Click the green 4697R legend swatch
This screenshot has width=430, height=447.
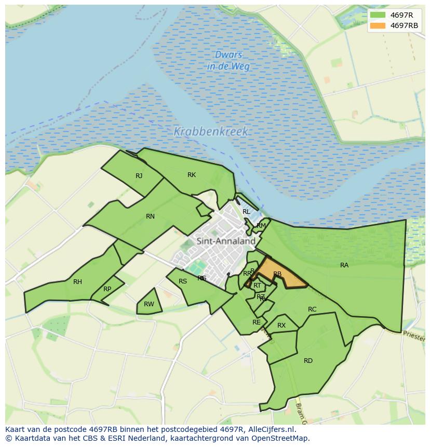(378, 15)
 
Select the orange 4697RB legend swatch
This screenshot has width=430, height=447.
(378, 25)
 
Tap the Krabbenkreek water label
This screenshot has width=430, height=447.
(211, 132)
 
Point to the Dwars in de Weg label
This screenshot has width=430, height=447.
(229, 61)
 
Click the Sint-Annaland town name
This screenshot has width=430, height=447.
(226, 241)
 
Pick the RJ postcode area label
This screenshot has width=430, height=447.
(139, 176)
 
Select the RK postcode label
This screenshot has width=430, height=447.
(192, 175)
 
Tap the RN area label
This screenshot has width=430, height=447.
(150, 216)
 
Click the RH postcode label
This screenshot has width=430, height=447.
(77, 282)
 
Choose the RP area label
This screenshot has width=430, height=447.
(107, 289)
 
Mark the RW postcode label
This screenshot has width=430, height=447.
(149, 304)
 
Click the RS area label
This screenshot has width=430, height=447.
(183, 281)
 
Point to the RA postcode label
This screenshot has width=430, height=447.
(344, 265)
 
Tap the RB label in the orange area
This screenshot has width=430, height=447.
(277, 274)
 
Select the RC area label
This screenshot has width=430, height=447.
(312, 309)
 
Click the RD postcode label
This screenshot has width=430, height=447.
(308, 360)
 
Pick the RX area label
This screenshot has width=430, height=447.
(281, 326)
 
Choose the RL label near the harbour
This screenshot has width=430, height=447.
(246, 212)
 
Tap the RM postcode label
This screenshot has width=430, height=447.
(261, 225)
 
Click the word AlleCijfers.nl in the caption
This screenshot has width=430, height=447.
(271, 429)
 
